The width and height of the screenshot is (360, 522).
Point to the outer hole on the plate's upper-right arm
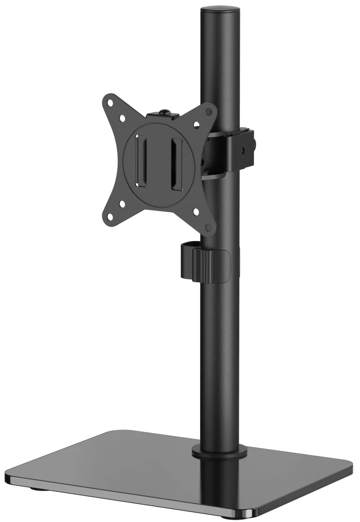pos(210,111)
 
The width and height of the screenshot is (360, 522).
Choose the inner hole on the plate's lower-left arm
pos(121,202)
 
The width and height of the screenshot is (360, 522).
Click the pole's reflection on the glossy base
pos(219,484)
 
